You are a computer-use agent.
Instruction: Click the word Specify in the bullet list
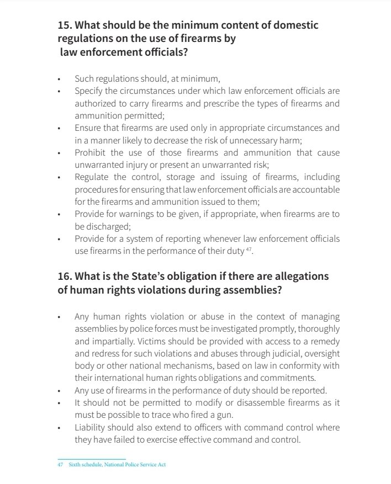(x=89, y=91)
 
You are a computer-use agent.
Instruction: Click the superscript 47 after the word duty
(x=248, y=249)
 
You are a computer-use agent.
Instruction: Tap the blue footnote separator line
(x=92, y=459)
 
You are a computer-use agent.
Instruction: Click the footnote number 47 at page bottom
(x=60, y=465)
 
